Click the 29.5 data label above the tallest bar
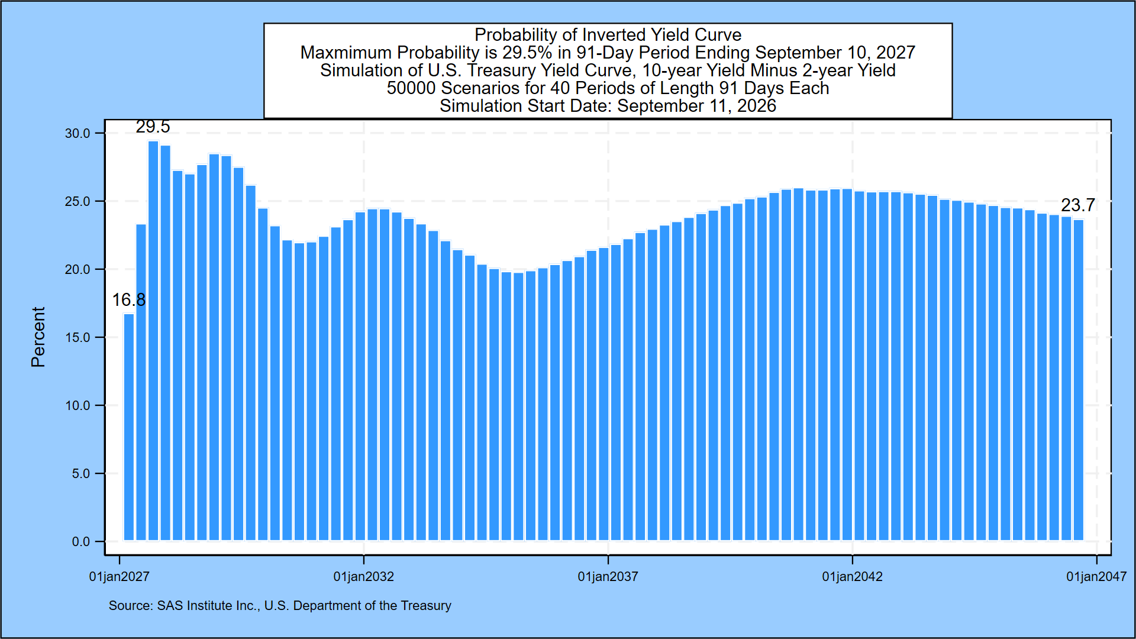[x=153, y=127]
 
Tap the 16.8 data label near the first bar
[x=128, y=300]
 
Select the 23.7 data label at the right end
[x=1077, y=205]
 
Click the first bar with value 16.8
[x=128, y=427]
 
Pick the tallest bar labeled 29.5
[x=153, y=341]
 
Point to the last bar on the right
[x=1079, y=380]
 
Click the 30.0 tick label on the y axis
[x=78, y=133]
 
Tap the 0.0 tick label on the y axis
[x=81, y=541]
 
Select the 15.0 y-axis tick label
[x=78, y=337]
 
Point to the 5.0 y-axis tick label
[x=81, y=473]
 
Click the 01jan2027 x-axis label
[x=120, y=576]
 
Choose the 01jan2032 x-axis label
[x=364, y=576]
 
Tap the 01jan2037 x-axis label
[x=608, y=576]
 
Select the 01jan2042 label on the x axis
[x=853, y=576]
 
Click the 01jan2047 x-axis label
[x=1096, y=576]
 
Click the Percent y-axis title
[x=38, y=337]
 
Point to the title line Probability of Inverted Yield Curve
[x=608, y=35]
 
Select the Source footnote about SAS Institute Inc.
[x=280, y=606]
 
